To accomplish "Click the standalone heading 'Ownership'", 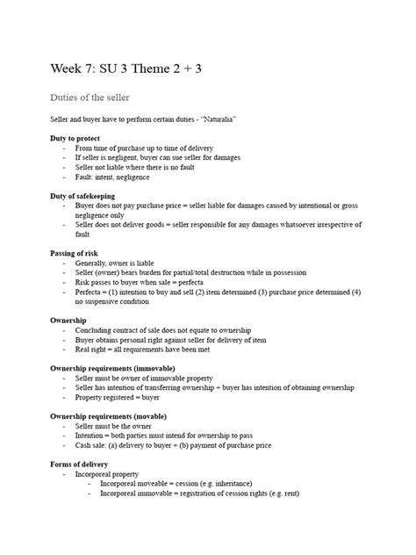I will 68,321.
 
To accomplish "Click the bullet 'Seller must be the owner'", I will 115,426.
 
